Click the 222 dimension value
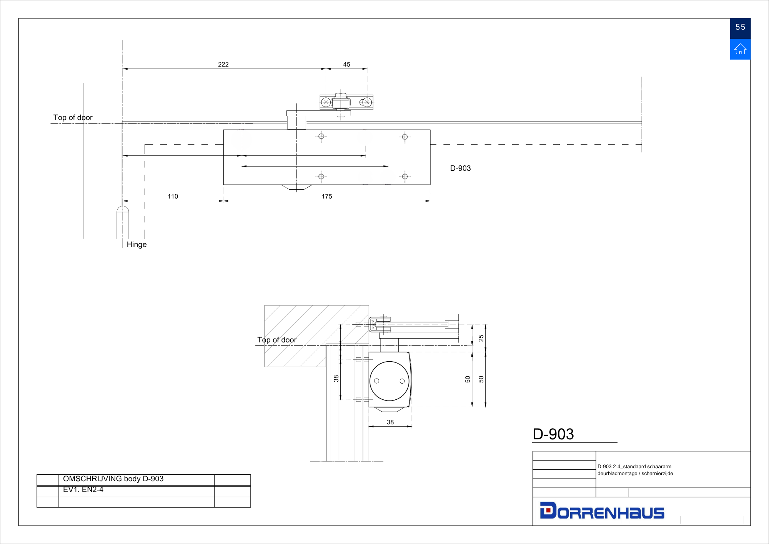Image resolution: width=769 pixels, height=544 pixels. pos(223,64)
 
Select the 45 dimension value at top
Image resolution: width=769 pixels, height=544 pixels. pos(346,64)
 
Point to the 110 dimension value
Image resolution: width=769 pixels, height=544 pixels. pos(173,196)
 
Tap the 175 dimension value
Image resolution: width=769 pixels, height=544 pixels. pos(327,196)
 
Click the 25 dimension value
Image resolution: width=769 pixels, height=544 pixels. pos(481,338)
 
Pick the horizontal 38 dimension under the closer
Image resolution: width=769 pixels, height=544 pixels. pos(390,422)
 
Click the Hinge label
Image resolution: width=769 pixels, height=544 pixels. pos(136,245)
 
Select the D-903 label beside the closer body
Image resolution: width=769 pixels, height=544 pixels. pos(460,168)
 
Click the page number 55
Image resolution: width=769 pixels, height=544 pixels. pos(740,27)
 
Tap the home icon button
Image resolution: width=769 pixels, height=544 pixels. pos(740,49)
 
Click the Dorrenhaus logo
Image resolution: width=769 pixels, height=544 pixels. pos(602,511)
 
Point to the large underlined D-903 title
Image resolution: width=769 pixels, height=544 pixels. pos(553,434)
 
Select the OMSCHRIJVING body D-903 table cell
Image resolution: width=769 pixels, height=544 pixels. pos(113,479)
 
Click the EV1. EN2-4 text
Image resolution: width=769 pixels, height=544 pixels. pos(83,490)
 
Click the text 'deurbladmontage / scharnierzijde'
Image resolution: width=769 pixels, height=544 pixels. pos(635,474)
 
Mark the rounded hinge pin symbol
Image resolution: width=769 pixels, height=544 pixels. pos(123,222)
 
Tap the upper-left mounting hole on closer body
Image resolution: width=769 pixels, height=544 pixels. pos(321,136)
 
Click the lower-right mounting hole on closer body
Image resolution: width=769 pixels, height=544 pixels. pos(405,177)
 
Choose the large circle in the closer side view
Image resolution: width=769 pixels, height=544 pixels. pos(389,381)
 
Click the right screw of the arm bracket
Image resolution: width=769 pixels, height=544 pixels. pos(367,102)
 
